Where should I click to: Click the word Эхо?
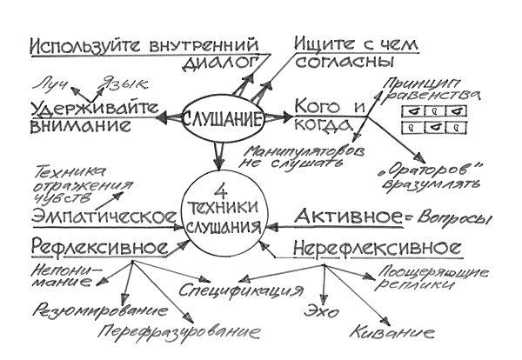(x=317, y=310)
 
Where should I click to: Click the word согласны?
(x=341, y=63)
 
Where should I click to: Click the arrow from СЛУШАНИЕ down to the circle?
(x=218, y=156)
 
